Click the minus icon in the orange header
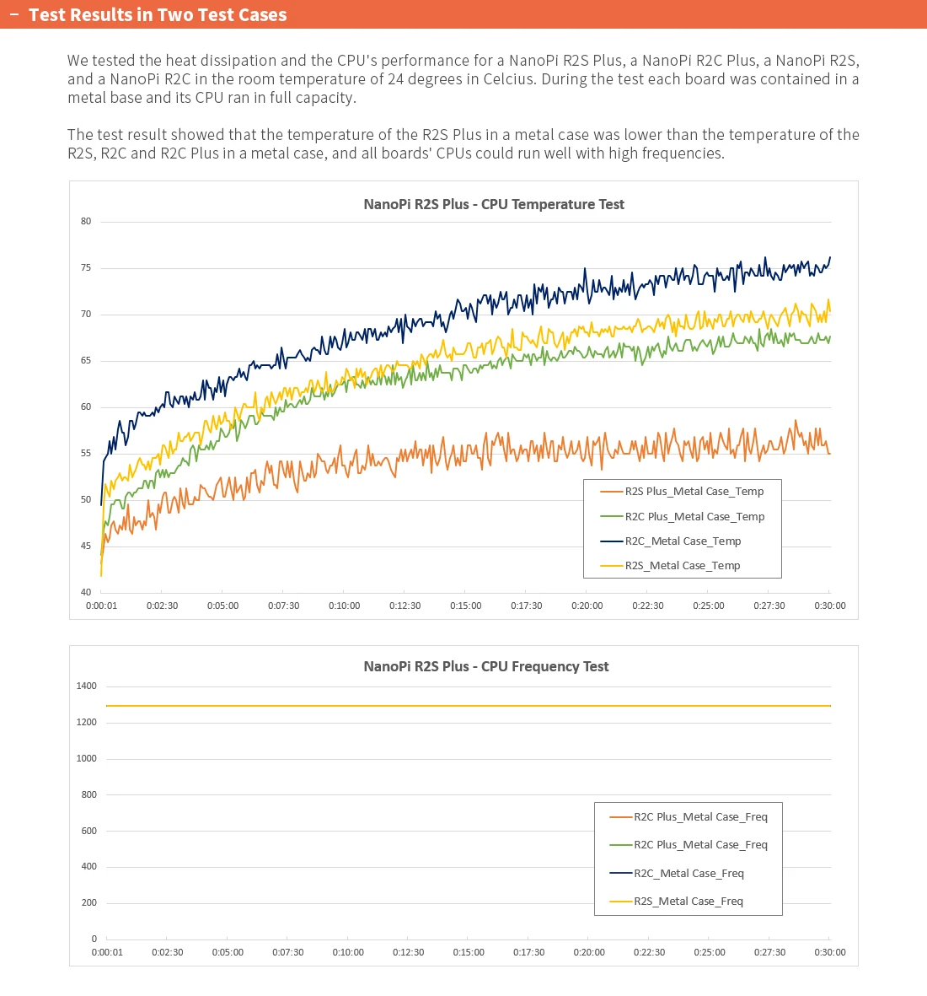click(13, 15)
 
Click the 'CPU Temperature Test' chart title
click(494, 204)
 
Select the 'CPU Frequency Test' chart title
click(486, 666)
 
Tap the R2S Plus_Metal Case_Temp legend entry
click(694, 492)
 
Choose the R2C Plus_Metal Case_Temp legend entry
click(694, 517)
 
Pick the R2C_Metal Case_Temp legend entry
click(683, 541)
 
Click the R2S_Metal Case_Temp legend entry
click(682, 566)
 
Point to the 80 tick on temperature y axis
click(86, 222)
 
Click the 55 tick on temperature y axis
click(86, 454)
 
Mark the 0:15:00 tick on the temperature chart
click(466, 606)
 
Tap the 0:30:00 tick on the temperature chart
click(830, 606)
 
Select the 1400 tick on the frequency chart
click(87, 686)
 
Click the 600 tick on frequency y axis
click(88, 831)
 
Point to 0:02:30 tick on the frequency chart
click(168, 952)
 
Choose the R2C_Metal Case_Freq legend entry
click(689, 874)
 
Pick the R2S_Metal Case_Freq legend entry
click(688, 902)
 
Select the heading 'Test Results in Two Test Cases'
click(158, 15)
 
